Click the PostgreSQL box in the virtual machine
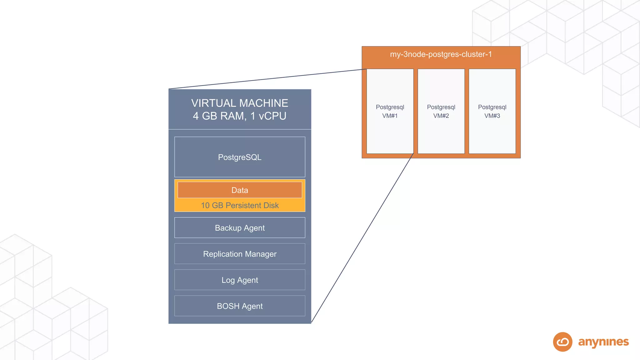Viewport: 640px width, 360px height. [240, 157]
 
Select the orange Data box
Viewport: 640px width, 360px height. [240, 190]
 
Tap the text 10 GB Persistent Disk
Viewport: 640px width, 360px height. [240, 205]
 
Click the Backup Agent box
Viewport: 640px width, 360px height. [240, 228]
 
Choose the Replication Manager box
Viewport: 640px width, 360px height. [240, 254]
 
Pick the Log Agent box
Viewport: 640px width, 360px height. [240, 280]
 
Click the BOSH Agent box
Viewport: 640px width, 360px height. [240, 306]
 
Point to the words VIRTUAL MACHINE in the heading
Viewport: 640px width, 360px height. [240, 103]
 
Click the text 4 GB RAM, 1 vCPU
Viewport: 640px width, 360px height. [240, 116]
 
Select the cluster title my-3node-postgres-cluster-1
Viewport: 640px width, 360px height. [441, 54]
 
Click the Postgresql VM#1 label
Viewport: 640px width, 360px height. [390, 111]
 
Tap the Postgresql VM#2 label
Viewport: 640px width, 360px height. [441, 111]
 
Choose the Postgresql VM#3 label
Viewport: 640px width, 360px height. [492, 111]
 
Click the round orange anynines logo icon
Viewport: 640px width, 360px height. [562, 342]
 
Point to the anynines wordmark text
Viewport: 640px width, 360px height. [603, 342]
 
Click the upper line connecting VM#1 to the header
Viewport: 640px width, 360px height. [267, 79]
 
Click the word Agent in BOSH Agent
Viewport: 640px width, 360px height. [252, 306]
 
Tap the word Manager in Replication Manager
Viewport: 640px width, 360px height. [261, 254]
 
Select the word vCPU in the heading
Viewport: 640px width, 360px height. [272, 116]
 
